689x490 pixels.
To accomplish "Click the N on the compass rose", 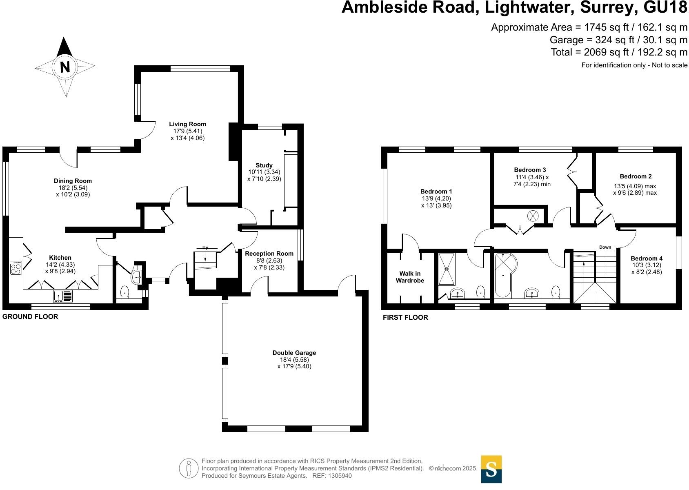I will (x=65, y=67).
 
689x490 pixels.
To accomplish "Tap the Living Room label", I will (x=188, y=124).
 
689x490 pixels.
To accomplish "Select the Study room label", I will (x=264, y=165).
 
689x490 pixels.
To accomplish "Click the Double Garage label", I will (x=294, y=353).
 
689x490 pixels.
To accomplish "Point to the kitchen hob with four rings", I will (x=16, y=268).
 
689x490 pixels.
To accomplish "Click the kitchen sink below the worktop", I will (x=63, y=296).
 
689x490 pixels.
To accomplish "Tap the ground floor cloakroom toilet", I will (x=124, y=292).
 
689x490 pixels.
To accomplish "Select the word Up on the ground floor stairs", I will (x=205, y=247).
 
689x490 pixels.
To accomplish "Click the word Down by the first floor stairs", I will (x=605, y=247).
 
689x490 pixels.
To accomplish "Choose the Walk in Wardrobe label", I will (x=410, y=277).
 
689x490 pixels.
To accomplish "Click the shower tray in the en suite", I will (x=446, y=269).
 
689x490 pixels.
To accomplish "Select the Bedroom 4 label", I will (x=647, y=258).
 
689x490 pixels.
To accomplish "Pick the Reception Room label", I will (x=269, y=254).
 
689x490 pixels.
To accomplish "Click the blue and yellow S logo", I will (x=491, y=469).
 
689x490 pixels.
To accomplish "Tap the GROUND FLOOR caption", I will (x=30, y=316).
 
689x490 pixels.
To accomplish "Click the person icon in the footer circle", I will (x=188, y=468).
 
